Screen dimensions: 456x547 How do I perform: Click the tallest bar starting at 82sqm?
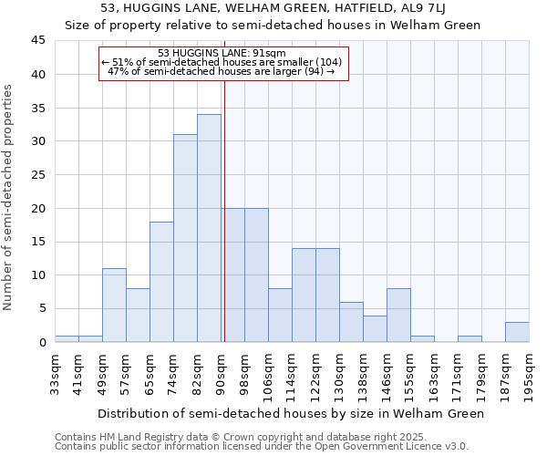pos(209,228)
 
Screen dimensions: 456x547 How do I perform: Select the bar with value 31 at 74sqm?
pos(185,238)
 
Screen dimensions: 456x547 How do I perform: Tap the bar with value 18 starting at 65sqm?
pos(161,282)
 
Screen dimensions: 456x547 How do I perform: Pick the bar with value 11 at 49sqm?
pos(114,306)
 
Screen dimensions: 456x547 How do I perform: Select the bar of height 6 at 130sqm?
pos(351,322)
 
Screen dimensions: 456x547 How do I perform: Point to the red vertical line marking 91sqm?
pos(223,210)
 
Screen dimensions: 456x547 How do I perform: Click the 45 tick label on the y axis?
pos(37,41)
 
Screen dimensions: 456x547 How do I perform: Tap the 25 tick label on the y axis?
pos(37,175)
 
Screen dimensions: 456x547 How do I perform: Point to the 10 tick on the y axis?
pos(37,275)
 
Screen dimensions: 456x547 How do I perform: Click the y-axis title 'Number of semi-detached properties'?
pos(9,197)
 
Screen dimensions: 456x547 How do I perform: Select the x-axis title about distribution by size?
pos(290,413)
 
